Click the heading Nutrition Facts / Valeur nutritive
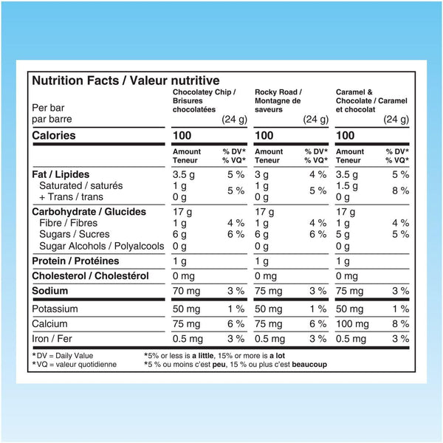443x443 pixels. point(126,81)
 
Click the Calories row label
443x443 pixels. point(55,136)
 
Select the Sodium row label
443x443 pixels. point(50,291)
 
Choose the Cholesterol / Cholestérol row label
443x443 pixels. point(90,276)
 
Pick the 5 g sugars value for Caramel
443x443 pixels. point(342,234)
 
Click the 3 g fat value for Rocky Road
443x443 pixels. point(261,174)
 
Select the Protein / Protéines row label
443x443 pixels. point(75,261)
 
